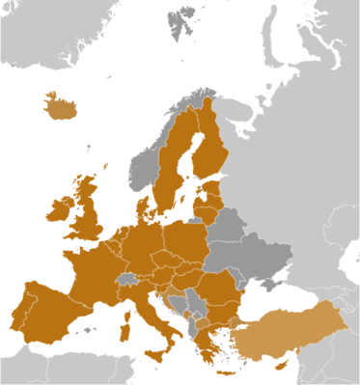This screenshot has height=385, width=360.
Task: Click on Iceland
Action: coord(61,107)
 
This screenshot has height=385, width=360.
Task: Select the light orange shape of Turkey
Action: coord(290,332)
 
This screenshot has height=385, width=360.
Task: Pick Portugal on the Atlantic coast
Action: coord(18,315)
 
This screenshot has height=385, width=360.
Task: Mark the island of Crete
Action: coord(225,373)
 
